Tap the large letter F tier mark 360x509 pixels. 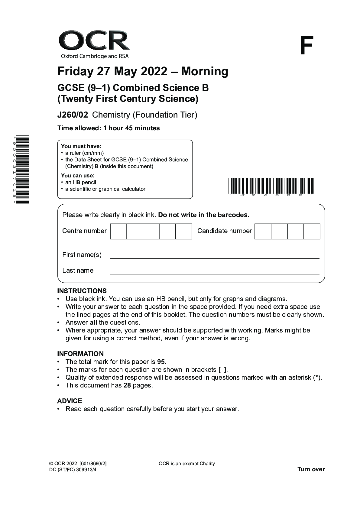306,46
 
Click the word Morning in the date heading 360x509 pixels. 205,71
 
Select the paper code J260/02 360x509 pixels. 73,115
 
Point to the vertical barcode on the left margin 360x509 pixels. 22,170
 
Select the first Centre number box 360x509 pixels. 118,232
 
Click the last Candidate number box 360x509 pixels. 312,232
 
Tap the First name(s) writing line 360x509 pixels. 215,256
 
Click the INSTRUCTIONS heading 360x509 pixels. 82,291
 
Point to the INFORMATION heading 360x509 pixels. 80,354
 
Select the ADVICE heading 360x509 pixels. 70,401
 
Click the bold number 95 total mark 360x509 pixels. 161,362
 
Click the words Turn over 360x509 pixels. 311,469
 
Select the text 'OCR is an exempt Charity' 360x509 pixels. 186,464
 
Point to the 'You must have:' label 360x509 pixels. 81,146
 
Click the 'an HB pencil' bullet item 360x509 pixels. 81,182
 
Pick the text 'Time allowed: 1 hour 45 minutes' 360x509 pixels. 109,128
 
